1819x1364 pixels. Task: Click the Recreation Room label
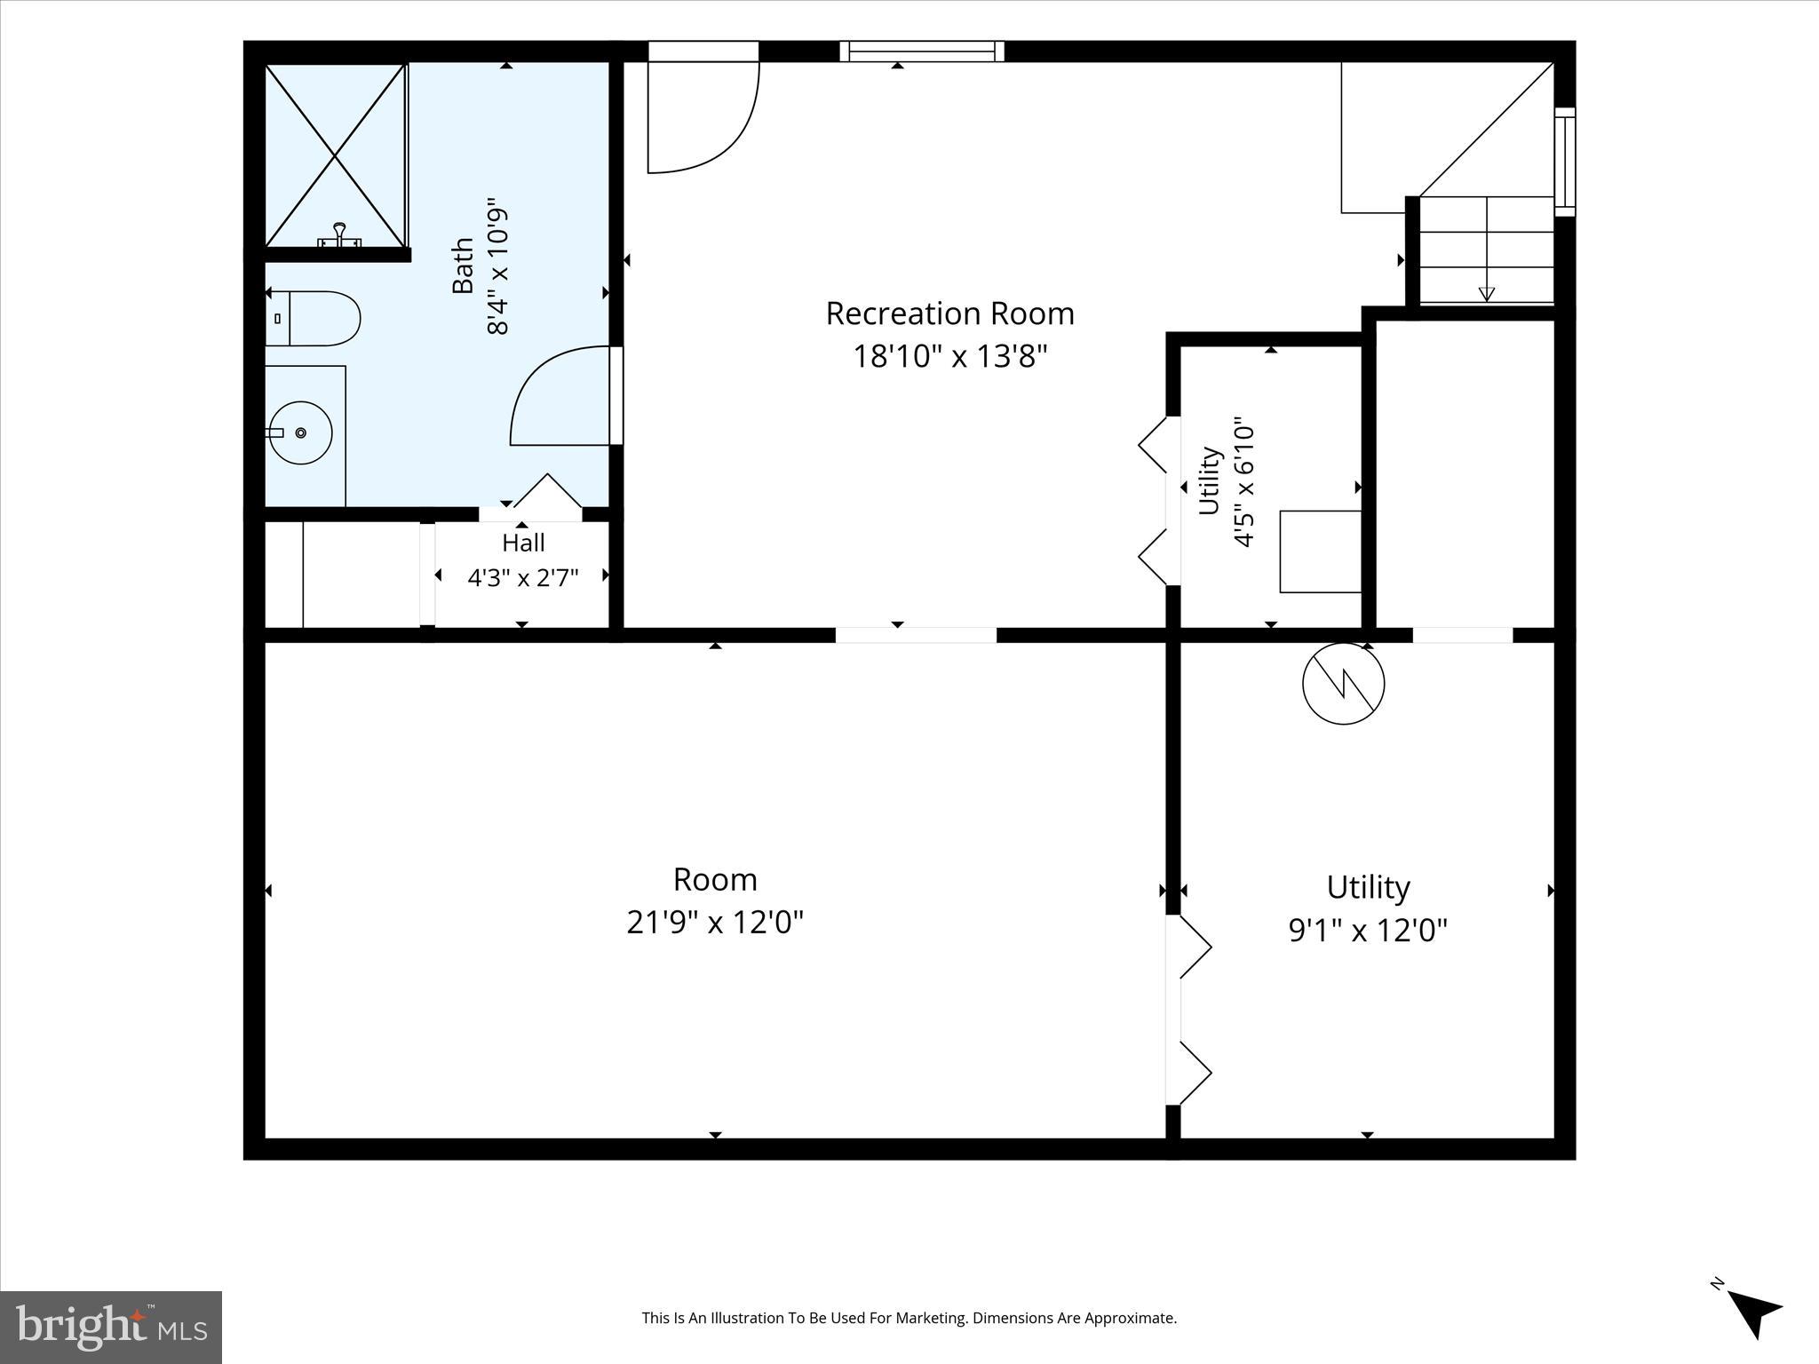click(x=949, y=313)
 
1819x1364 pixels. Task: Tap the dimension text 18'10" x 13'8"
click(x=950, y=357)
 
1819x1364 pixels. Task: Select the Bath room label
click(x=463, y=266)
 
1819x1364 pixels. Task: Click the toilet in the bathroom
click(x=313, y=319)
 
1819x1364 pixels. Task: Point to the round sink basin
click(x=300, y=433)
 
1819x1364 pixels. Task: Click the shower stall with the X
click(x=336, y=155)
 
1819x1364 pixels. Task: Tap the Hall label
click(x=523, y=543)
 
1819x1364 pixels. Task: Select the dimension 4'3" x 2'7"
click(x=523, y=578)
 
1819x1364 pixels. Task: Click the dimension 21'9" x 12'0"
click(x=715, y=923)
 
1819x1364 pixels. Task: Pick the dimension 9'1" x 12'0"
click(x=1368, y=931)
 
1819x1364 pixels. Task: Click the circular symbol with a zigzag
click(x=1343, y=684)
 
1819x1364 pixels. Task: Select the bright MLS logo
click(x=111, y=1327)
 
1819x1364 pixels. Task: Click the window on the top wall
click(x=922, y=52)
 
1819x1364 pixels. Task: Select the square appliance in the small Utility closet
click(x=1321, y=551)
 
